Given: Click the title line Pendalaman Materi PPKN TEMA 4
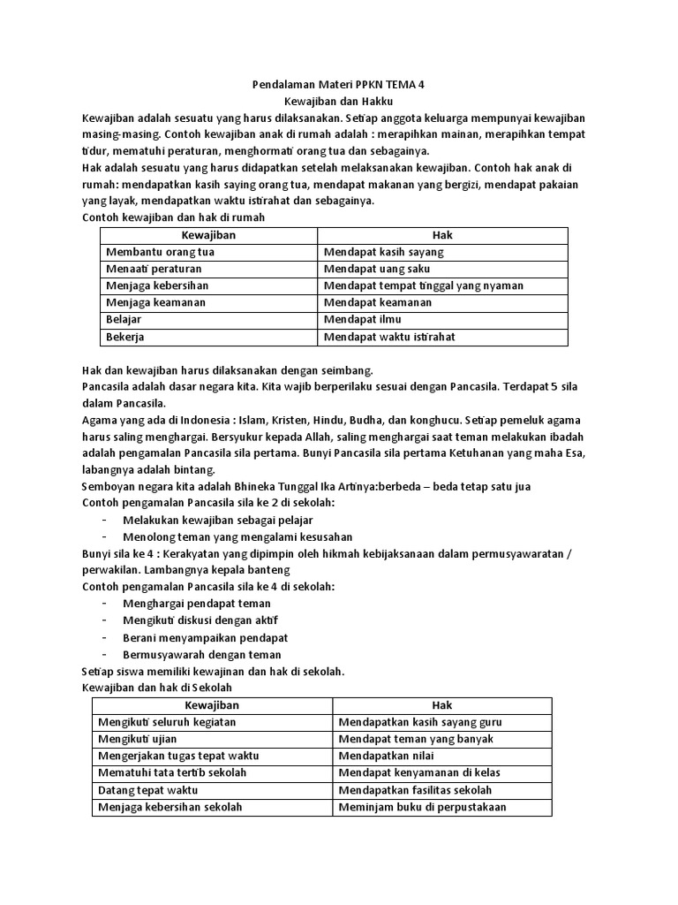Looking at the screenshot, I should pos(338,86).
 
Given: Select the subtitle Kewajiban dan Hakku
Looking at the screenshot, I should pos(338,102).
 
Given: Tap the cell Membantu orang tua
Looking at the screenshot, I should pos(160,252).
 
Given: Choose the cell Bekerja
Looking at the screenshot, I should pos(125,337).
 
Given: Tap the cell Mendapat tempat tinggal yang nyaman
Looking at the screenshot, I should pos(424,285).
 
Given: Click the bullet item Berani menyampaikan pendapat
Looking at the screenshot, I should pos(206,638).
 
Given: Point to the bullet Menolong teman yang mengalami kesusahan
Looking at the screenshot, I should pos(237,536).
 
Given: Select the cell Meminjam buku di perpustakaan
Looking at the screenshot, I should pos(423,807).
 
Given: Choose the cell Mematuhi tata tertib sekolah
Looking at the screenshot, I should pos(172,772).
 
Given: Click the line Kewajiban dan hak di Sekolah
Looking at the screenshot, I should pos(158,688).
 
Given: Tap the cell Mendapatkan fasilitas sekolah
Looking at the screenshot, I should pos(416,789).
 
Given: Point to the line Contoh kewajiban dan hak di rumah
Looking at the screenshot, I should pos(173,217).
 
